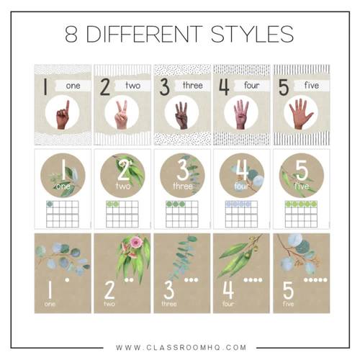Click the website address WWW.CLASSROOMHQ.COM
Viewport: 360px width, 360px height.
click(180, 346)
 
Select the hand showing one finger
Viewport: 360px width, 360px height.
click(64, 114)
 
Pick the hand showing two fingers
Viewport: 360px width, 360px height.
click(122, 114)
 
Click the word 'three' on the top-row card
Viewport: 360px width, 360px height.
click(192, 86)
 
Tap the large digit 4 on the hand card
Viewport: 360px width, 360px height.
click(224, 87)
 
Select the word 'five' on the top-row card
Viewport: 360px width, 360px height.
click(311, 86)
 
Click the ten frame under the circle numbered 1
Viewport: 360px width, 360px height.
click(63, 210)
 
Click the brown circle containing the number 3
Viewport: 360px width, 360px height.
click(181, 174)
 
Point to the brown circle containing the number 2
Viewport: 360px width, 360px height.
click(122, 174)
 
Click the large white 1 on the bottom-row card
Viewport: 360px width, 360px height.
click(49, 290)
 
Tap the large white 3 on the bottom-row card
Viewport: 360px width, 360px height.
click(168, 290)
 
